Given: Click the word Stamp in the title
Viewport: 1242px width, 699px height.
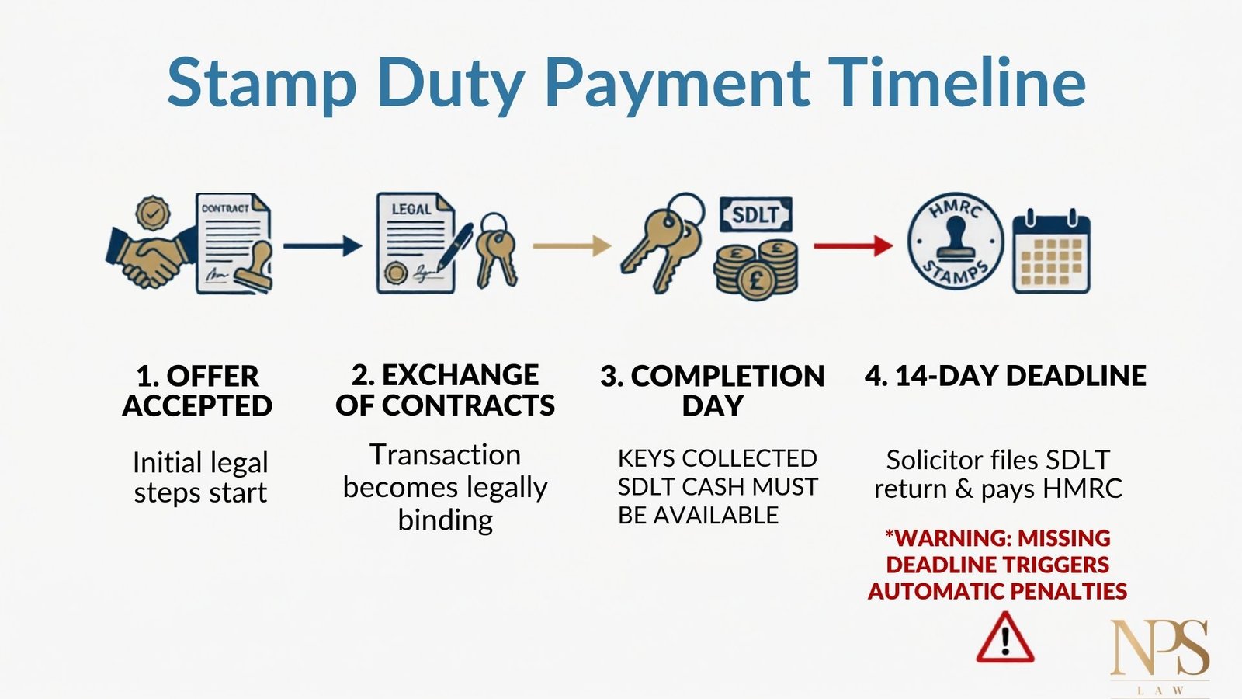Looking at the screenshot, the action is coord(261,83).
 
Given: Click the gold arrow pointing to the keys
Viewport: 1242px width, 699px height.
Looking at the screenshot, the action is coord(571,245).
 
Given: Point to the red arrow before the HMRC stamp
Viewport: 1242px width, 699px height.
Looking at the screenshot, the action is coord(853,245).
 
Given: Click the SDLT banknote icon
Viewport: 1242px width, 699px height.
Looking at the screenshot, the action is coord(756,214).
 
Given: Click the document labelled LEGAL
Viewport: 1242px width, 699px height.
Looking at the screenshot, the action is coord(415,243).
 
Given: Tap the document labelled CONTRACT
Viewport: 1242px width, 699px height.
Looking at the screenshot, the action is coord(234,243).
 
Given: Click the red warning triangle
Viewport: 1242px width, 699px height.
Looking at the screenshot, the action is coord(1004,638).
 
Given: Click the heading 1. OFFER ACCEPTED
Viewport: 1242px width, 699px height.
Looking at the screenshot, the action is coord(197,391).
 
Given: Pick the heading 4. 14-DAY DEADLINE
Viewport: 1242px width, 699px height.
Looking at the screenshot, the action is coord(1005,376).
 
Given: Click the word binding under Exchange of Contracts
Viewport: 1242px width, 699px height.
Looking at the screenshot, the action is coord(446,520).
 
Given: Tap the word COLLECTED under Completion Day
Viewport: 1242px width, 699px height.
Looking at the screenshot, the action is coord(749,458).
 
